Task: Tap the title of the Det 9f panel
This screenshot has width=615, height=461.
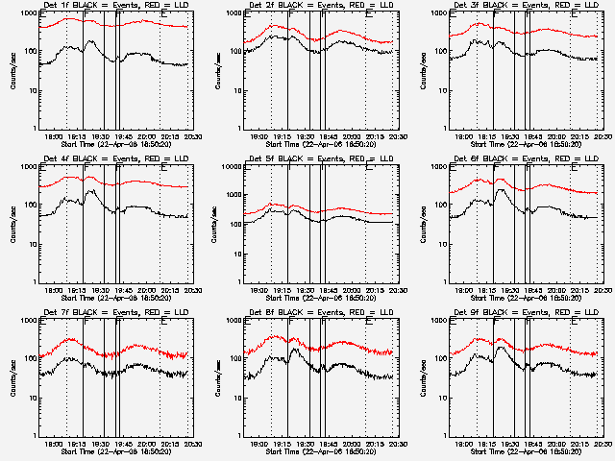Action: pos(524,314)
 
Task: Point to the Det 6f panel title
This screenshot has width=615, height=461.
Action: pos(524,160)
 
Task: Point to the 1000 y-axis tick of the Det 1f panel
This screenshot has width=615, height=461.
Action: pos(27,12)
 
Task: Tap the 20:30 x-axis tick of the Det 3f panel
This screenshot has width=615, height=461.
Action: pos(600,136)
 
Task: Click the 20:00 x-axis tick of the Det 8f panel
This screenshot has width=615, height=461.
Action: pos(353,444)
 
